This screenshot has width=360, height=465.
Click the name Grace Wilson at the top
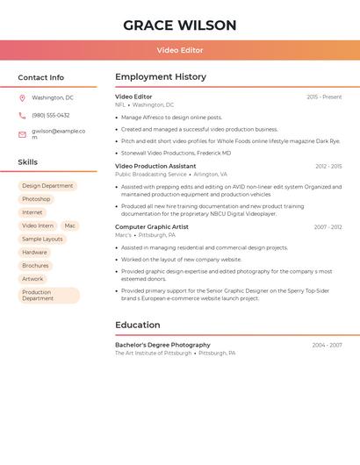(x=180, y=25)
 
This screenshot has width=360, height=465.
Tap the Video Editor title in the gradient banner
(x=180, y=51)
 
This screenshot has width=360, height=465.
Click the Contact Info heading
(x=40, y=77)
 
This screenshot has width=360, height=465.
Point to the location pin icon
(x=22, y=98)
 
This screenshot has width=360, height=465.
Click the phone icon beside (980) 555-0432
(x=22, y=116)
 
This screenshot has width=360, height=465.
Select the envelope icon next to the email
(x=22, y=134)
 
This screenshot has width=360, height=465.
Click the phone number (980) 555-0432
(x=51, y=116)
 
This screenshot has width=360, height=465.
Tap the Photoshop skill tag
(x=36, y=199)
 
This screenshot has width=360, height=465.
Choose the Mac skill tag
(x=70, y=225)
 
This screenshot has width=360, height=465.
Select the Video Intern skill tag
(x=38, y=225)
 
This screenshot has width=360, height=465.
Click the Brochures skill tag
(x=35, y=266)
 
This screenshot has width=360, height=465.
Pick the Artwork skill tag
(x=32, y=279)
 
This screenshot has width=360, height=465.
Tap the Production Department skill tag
(x=48, y=296)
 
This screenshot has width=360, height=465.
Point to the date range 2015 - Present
(x=324, y=97)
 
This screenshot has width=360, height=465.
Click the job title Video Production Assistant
(x=155, y=166)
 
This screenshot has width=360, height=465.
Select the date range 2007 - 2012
(x=328, y=227)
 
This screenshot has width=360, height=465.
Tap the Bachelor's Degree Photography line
(x=162, y=345)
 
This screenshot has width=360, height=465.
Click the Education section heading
(x=137, y=325)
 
